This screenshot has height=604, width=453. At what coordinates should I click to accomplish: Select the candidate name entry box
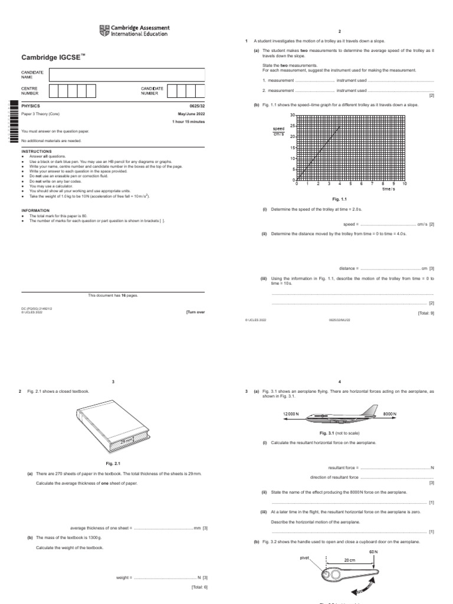point(127,74)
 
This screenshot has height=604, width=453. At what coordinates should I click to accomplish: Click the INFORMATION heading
point(35,210)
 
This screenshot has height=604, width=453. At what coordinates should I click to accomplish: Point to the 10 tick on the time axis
point(405,184)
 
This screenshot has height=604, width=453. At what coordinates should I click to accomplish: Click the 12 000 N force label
point(291,415)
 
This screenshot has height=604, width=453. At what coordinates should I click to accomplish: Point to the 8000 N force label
point(390,415)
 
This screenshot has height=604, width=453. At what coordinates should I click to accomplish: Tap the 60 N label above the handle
point(373,552)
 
